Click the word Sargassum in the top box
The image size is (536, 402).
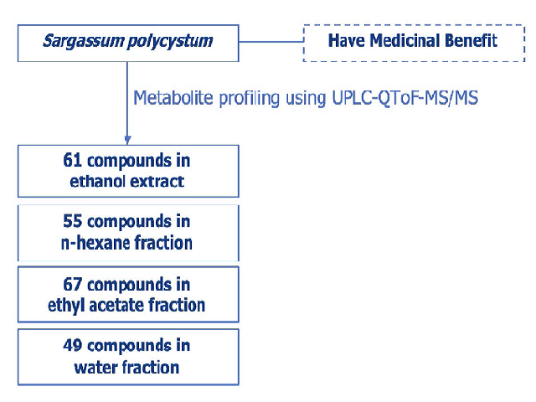[x=84, y=41]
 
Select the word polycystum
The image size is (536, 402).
[x=170, y=42]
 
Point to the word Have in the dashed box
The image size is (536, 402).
[x=347, y=40]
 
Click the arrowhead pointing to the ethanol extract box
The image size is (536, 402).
[x=127, y=140]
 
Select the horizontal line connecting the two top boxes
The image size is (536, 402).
[x=271, y=42]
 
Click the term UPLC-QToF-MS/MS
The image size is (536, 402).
[x=405, y=99]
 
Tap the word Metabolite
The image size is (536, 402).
[x=173, y=98]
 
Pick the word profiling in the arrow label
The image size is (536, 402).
[x=250, y=99]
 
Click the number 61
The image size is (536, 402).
[x=73, y=160]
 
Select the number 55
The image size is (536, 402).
[x=73, y=221]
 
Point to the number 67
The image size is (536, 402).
[x=73, y=285]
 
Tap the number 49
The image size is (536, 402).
[x=73, y=345]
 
